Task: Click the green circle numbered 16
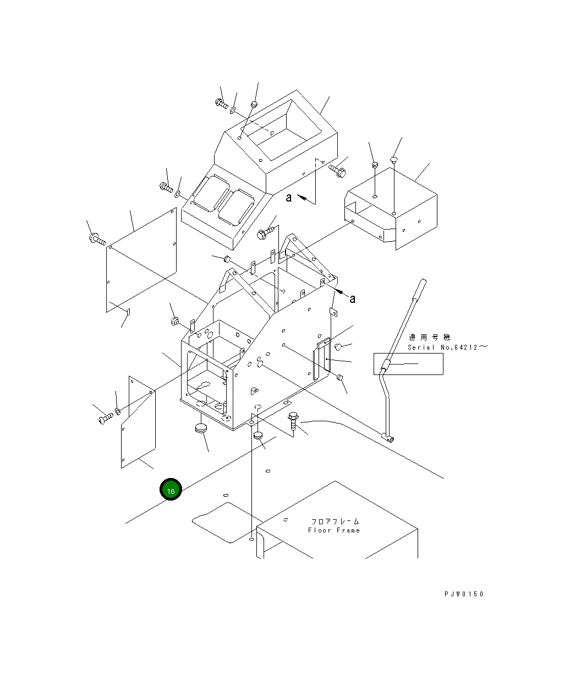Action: point(171,489)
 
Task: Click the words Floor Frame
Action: point(334,530)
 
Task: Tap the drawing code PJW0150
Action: point(464,594)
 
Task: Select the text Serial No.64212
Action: point(442,347)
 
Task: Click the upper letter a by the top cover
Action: point(288,197)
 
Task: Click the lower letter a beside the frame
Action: point(353,298)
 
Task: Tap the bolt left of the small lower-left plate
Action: point(106,418)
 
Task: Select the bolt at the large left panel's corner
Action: point(97,240)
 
